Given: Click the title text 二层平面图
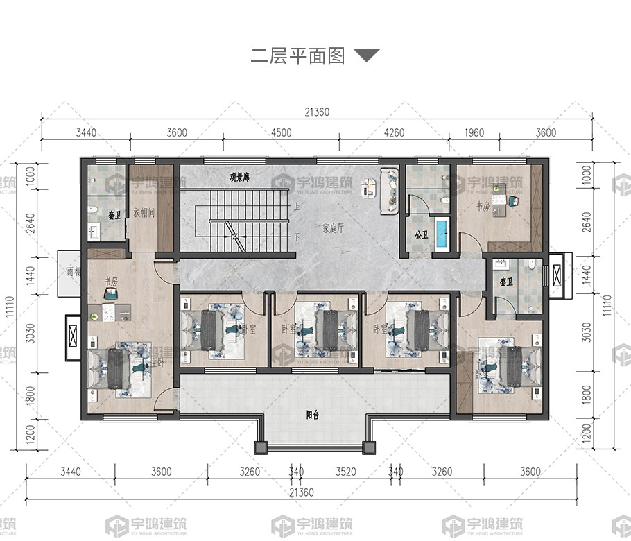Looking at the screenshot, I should (297, 56).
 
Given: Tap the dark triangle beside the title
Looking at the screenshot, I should (367, 55).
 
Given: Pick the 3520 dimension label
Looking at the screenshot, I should (345, 472).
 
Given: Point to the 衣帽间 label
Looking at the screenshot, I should (144, 212).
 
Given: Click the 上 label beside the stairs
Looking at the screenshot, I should (296, 206).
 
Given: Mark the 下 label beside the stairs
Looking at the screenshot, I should (296, 237).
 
